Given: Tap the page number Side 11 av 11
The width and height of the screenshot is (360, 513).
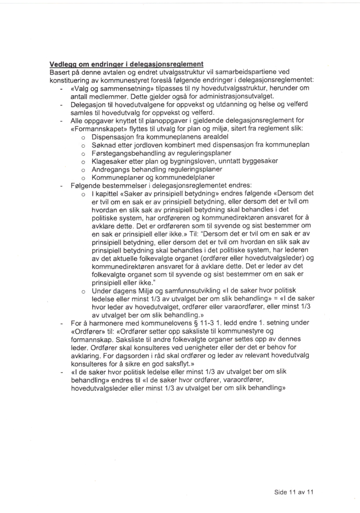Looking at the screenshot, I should click(x=294, y=492).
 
